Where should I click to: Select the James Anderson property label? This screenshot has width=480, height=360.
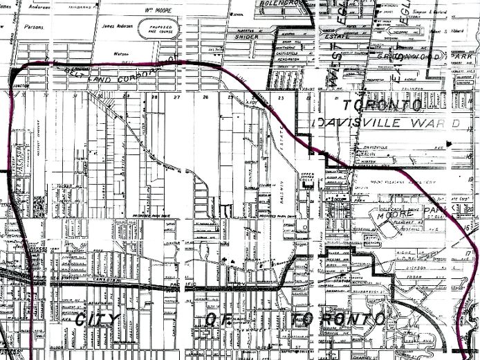pos(116,26)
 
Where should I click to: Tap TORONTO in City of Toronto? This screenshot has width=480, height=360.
pos(339,319)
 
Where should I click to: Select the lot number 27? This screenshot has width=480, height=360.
pos(178,98)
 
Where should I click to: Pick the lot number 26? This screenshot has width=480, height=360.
pos(205,98)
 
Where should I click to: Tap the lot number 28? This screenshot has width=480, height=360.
pos(155,98)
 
